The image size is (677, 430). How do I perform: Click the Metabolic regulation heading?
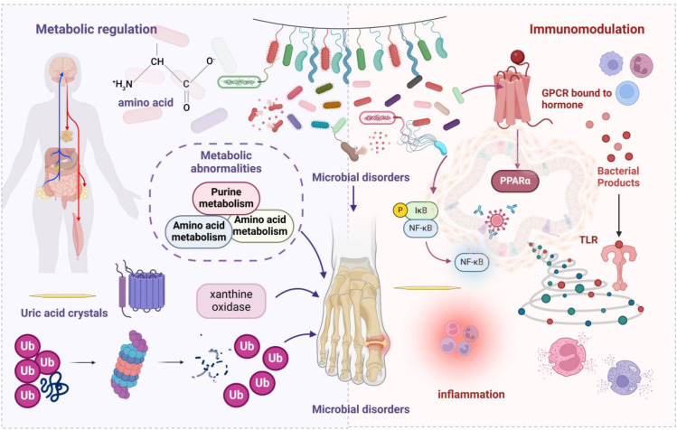(97, 29)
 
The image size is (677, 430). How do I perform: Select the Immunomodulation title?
(587, 29)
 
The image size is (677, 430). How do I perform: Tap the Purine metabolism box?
(226, 198)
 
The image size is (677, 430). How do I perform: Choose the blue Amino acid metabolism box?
(199, 231)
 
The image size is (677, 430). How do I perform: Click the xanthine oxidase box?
(231, 301)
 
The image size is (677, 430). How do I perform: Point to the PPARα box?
(515, 180)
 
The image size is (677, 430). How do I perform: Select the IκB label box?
(421, 210)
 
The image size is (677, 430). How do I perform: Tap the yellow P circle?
(400, 210)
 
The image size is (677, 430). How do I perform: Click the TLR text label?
(588, 239)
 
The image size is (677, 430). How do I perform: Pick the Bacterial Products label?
(618, 176)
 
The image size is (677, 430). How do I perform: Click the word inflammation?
(471, 394)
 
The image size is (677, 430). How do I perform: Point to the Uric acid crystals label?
(64, 313)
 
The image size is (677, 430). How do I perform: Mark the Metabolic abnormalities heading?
(226, 162)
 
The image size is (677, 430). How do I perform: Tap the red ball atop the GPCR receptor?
(517, 57)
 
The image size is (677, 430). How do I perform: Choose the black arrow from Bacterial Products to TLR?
(619, 215)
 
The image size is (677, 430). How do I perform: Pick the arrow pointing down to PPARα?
(517, 147)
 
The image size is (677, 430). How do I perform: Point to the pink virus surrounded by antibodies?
(496, 220)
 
